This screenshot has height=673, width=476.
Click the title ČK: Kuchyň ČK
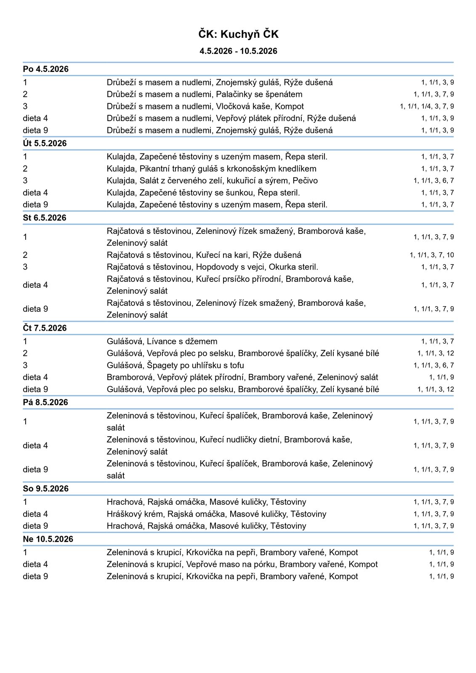(x=238, y=34)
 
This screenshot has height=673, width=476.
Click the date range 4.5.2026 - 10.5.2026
(x=238, y=51)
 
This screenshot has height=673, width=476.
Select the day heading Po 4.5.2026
(x=46, y=69)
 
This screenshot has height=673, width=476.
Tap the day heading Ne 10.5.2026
(x=48, y=539)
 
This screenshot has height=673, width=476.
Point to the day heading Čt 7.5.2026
(x=45, y=328)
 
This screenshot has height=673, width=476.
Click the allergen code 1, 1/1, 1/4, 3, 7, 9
(x=427, y=106)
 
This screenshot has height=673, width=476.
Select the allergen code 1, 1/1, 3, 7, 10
(x=432, y=255)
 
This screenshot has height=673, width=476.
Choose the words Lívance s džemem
(x=182, y=342)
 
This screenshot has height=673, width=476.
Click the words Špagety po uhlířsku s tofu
(x=195, y=366)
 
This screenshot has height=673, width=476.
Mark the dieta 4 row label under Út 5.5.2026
(x=35, y=193)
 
